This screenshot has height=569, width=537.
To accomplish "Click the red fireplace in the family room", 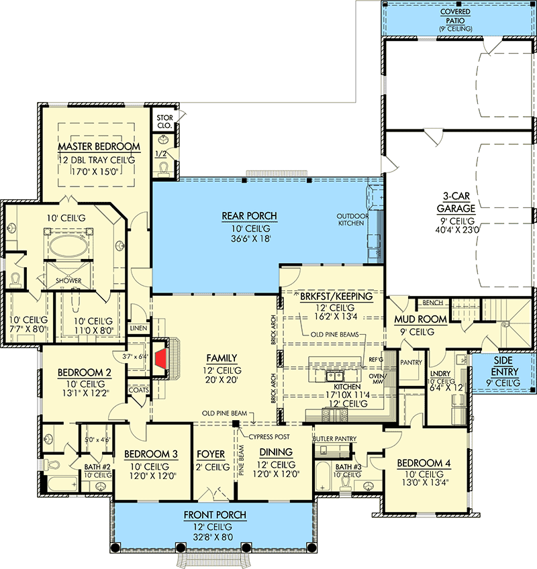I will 160,357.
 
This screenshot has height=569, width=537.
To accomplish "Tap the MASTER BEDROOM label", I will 99,146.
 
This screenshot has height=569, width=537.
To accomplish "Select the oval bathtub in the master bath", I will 66,246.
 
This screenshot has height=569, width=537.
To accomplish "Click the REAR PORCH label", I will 249,216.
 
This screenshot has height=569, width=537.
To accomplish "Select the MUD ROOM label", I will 412,319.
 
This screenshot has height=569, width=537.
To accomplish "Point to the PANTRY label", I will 410,362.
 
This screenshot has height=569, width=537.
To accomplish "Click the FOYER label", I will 210,454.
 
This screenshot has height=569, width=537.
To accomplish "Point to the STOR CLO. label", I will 164,121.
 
